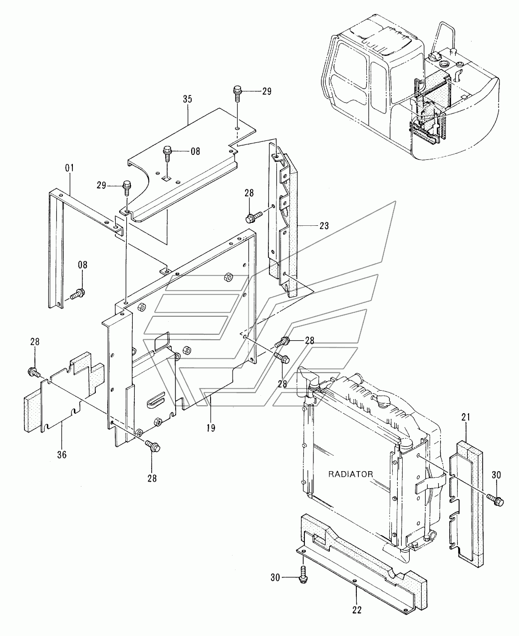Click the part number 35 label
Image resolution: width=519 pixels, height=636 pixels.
(x=187, y=99)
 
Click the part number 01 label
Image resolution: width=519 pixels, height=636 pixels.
(x=69, y=168)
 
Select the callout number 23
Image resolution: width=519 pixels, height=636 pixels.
(x=324, y=225)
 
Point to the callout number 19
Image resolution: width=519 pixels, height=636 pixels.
(x=211, y=428)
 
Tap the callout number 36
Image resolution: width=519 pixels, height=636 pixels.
(x=62, y=455)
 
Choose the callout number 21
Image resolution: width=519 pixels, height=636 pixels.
(x=466, y=417)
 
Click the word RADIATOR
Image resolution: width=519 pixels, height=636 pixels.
(x=350, y=474)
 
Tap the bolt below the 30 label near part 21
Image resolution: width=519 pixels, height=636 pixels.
(x=496, y=501)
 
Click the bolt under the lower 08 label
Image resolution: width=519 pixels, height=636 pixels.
(x=78, y=294)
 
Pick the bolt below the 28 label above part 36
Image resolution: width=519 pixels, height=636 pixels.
(x=34, y=372)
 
